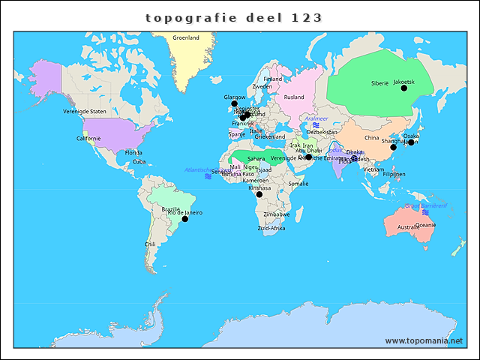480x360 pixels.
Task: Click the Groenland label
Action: [185, 37]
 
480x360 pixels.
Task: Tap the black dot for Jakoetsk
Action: [404, 88]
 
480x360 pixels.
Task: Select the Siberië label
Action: [379, 83]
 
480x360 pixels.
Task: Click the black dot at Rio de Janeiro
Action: [185, 218]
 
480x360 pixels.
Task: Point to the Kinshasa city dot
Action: [259, 194]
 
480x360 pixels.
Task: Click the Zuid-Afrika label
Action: [271, 228]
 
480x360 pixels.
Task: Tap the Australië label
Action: [408, 227]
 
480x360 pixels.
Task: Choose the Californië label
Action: [88, 138]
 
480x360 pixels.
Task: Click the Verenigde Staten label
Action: [85, 111]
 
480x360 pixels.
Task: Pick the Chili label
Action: [151, 244]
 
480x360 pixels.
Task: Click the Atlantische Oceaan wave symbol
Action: [208, 176]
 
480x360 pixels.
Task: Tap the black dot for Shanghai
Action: [394, 147]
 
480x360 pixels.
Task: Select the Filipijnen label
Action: [394, 174]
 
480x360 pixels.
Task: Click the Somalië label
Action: [298, 183]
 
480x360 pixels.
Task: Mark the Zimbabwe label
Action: [276, 214]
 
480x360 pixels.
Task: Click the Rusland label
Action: [294, 97]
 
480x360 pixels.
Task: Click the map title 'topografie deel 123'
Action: [235, 16]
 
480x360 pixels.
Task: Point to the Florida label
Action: [133, 152]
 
